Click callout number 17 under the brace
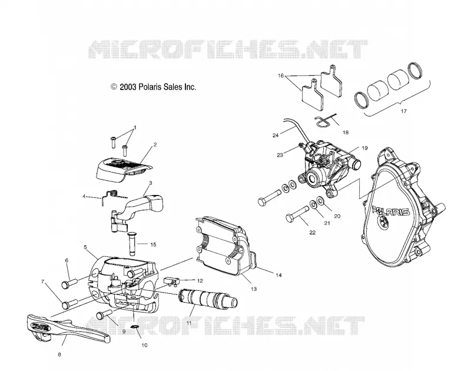tap(404, 111)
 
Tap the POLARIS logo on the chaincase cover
tap(390, 210)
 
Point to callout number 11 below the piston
tap(189, 323)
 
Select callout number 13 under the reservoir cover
tap(254, 289)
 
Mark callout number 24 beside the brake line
tap(276, 135)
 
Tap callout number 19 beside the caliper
tap(364, 148)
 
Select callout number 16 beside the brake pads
tap(281, 76)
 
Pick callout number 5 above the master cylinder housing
tap(85, 247)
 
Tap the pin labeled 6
tap(69, 283)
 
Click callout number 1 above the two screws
tap(135, 127)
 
